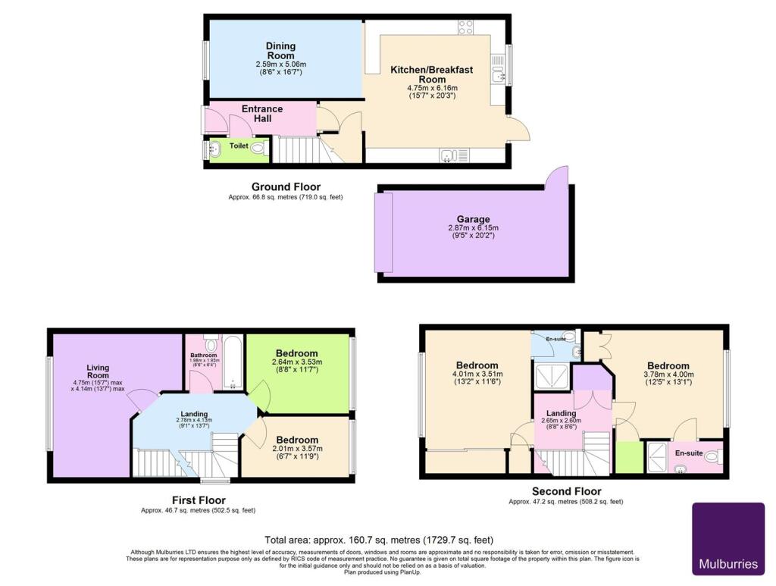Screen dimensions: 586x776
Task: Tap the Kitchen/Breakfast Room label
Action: coord(431,74)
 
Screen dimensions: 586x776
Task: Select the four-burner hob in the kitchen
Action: coord(465,27)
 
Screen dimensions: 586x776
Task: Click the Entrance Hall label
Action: coord(262,114)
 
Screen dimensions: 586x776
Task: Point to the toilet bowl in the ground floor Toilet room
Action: coord(257,148)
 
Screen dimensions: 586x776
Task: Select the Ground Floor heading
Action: coord(286,186)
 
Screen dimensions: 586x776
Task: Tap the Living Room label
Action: coord(99,371)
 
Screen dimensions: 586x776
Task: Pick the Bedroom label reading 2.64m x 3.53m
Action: coord(297,353)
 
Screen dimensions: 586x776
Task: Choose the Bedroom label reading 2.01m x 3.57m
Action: coord(297,440)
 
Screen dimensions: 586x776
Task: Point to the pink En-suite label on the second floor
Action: coord(688,453)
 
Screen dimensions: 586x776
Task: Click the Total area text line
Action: coord(379,540)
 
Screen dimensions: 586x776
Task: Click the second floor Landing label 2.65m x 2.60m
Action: coord(561,413)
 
